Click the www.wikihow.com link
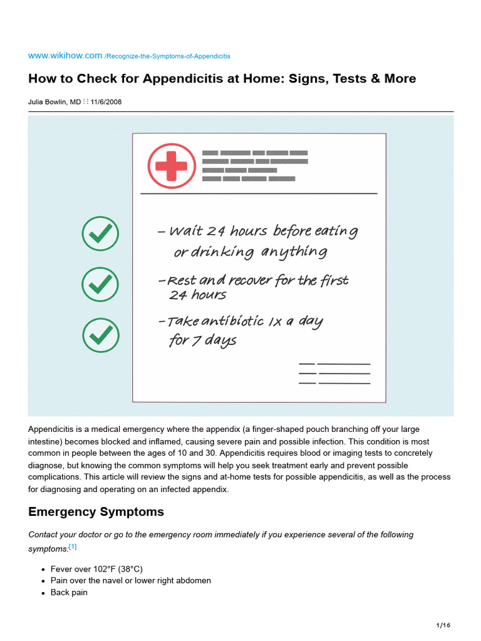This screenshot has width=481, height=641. coord(65,56)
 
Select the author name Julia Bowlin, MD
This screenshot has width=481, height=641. coord(54,101)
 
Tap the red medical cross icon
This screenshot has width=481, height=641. coord(171,166)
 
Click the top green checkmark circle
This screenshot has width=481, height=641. coord(100,235)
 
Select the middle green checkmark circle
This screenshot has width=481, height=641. coord(100,285)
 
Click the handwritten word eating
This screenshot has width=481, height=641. coord(335,231)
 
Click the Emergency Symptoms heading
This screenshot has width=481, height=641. coord(96,512)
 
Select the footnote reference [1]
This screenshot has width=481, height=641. coord(73,546)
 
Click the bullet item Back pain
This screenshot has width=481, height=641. coord(69,592)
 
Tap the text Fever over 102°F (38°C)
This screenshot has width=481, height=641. coord(96,569)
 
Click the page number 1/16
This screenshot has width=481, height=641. coord(443,625)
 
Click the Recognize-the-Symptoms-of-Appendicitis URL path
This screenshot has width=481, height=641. coord(167,56)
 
